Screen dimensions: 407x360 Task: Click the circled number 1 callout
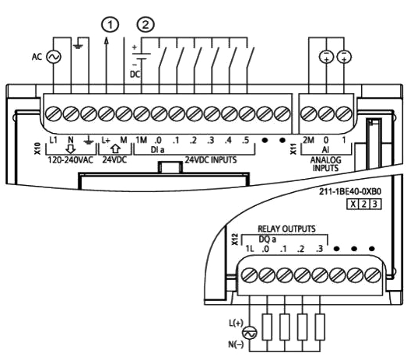point(110,25)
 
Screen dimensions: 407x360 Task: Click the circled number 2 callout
point(146,25)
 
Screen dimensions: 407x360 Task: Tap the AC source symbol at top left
point(54,57)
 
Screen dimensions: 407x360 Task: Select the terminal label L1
point(53,140)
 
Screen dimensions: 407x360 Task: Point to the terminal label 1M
point(141,140)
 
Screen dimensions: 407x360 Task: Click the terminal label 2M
point(308,140)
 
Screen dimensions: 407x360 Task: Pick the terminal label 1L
point(250,249)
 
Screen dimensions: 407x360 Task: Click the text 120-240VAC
point(70,159)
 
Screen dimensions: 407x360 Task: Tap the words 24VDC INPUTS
point(211,159)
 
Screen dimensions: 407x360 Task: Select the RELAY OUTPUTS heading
point(286,229)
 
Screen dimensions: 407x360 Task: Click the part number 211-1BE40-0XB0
point(350,192)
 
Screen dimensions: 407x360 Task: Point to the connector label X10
point(38,149)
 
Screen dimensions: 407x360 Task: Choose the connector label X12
point(235,239)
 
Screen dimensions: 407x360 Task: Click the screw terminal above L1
point(54,114)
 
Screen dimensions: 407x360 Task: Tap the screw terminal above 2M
point(308,114)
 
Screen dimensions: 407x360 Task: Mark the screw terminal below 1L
point(250,275)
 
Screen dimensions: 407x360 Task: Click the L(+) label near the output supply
point(236,323)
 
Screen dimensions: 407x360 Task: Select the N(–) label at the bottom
point(236,344)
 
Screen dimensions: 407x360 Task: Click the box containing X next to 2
point(353,204)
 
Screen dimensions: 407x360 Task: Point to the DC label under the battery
point(135,75)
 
